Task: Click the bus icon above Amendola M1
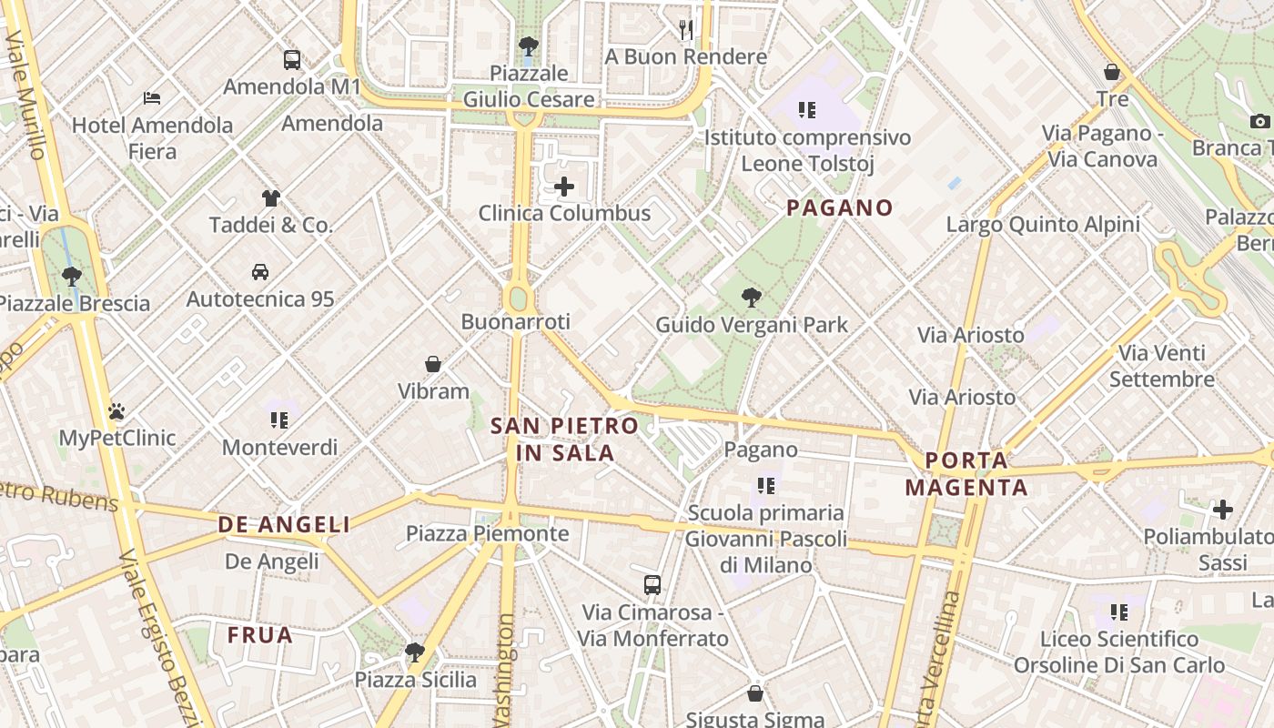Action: click(291, 60)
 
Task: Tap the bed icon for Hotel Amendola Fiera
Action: click(152, 97)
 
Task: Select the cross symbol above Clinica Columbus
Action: click(564, 187)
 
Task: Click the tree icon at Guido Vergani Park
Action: click(751, 297)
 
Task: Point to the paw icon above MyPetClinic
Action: click(116, 411)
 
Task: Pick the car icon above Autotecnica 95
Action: click(260, 271)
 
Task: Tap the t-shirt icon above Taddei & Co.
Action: click(270, 197)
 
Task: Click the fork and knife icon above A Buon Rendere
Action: click(686, 30)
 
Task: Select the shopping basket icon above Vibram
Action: click(433, 364)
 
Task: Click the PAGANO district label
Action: click(840, 207)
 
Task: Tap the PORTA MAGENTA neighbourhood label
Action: click(966, 474)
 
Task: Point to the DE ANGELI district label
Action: click(284, 524)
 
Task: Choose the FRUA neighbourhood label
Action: click(260, 635)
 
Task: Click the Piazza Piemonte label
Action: click(487, 533)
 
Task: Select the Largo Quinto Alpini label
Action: click(1043, 224)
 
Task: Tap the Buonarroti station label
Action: click(516, 321)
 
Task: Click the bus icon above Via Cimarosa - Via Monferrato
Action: click(652, 584)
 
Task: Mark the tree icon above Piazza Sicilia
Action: click(415, 652)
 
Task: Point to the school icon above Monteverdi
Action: click(279, 420)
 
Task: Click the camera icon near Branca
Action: click(1259, 121)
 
